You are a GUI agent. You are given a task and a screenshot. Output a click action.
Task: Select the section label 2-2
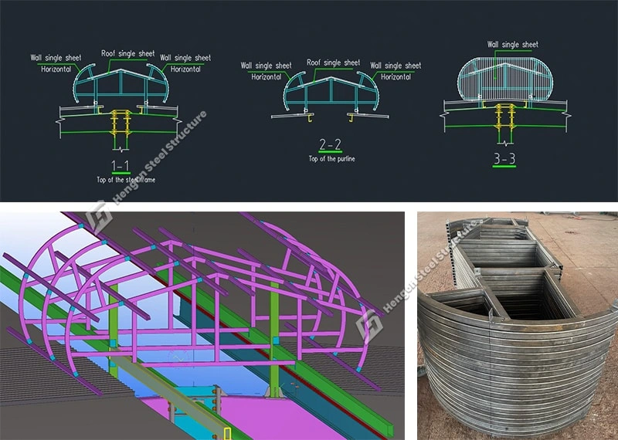click(x=330, y=144)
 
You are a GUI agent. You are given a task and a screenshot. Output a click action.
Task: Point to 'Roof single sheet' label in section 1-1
click(x=127, y=54)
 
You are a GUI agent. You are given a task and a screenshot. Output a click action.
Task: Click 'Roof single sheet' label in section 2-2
click(x=333, y=63)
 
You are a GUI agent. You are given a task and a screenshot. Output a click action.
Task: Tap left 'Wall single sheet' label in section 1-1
click(x=56, y=58)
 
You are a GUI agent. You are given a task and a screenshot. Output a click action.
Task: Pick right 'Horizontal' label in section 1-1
click(x=185, y=69)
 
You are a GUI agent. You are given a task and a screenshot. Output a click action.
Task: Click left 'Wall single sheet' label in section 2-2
click(x=267, y=66)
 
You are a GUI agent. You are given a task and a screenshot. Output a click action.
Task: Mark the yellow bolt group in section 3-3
click(x=504, y=116)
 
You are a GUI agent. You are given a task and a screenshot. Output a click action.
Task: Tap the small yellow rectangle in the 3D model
click(x=226, y=432)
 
